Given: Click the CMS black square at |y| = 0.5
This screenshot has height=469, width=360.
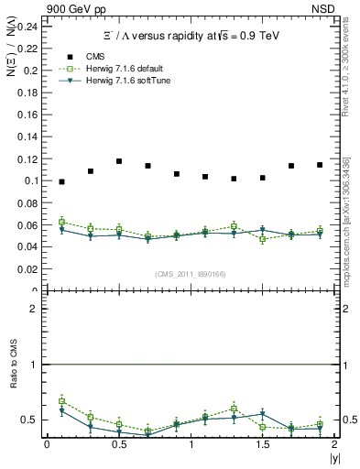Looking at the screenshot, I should coord(119,161).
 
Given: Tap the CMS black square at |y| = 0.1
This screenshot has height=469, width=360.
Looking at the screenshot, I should coord(61,181).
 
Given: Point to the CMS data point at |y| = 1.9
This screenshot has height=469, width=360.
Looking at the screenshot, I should coord(320,165).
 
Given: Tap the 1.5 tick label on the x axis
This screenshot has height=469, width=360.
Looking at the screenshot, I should coord(262,444).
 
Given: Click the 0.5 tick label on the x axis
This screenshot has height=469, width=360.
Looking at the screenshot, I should coord(118,444).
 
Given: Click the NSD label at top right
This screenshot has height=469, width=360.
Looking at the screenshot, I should coord(335,7).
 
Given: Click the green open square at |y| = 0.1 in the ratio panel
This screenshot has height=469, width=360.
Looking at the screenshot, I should coord(61,401).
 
